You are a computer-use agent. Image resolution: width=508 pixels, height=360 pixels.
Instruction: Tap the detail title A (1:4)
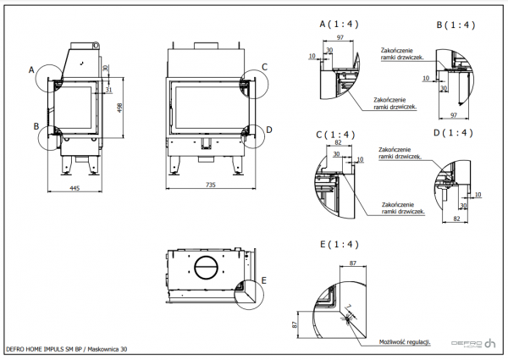(338, 25)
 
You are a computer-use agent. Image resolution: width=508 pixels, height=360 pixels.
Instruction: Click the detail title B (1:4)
(455, 25)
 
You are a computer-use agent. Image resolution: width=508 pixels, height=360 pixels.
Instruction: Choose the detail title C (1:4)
(334, 135)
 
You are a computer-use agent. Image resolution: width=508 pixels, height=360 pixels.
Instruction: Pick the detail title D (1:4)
(452, 134)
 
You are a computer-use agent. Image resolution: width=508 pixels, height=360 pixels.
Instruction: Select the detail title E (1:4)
(338, 244)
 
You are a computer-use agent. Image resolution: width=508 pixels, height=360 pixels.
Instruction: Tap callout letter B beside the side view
(36, 126)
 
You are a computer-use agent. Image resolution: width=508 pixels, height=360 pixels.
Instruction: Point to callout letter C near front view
(264, 66)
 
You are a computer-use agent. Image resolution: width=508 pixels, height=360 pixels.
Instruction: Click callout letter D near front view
(268, 130)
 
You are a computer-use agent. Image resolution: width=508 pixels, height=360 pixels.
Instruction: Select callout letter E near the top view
(264, 279)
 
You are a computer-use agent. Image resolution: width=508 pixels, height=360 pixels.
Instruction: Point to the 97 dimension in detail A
(339, 39)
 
